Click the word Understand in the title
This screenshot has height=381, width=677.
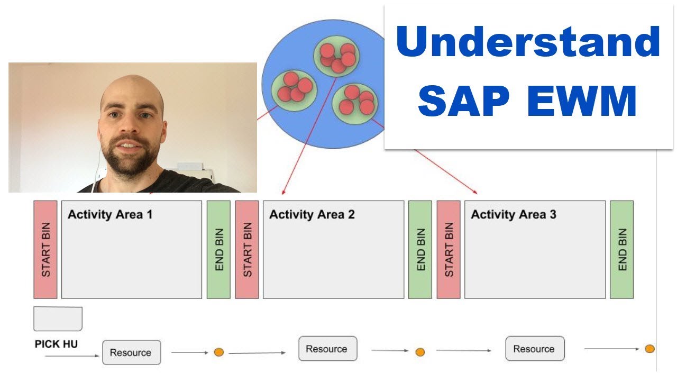coord(528,42)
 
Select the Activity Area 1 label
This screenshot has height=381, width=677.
coord(110,214)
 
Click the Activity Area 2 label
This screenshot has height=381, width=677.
coord(312,214)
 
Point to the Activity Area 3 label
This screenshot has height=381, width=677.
coord(514,214)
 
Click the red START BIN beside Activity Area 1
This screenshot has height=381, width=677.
coord(45,249)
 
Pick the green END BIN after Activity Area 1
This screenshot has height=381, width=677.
coord(218,249)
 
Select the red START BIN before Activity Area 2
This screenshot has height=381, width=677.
coord(247,249)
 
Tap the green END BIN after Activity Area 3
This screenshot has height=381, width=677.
coord(621,249)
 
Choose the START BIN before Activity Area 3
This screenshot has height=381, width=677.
coord(449,249)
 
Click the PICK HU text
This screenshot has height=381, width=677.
coord(56,344)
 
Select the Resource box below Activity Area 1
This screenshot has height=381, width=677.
coord(131,352)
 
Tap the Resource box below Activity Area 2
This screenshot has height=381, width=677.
coord(327,349)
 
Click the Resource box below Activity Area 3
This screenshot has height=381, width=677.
coord(534,349)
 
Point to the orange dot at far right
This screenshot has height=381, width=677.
coord(649,349)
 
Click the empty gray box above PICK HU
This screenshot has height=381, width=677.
coord(58,319)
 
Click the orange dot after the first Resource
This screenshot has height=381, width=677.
coord(218,352)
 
